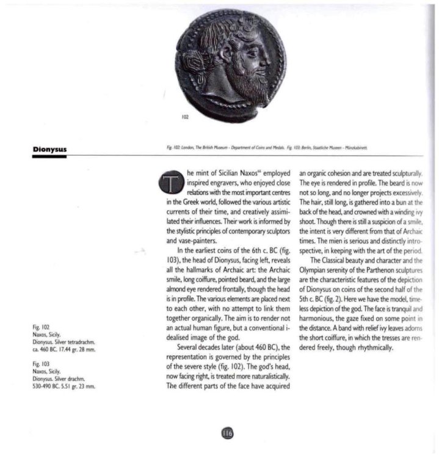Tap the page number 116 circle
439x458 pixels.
[x=227, y=434]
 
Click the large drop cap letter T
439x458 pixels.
[x=172, y=183]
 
